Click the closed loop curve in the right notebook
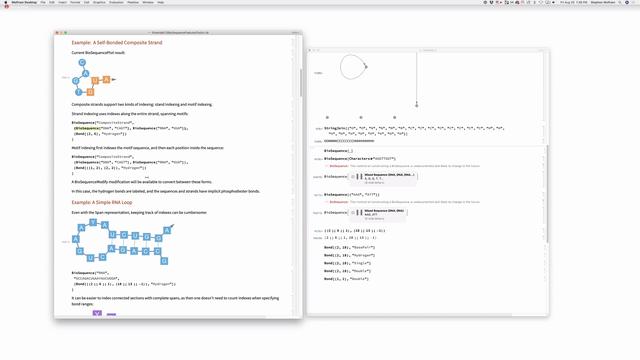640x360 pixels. (352, 68)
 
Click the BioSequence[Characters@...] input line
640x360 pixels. (360, 158)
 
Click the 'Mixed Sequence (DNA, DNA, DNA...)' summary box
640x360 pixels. (391, 177)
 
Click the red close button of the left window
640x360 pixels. (57, 31)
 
